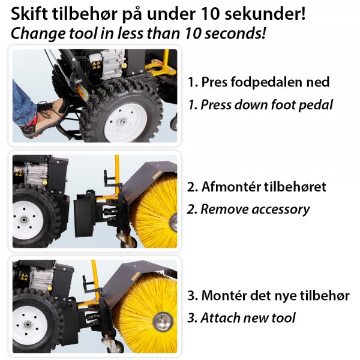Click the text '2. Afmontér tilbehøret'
257,187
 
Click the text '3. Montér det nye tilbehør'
268,296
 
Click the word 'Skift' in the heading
28,12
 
